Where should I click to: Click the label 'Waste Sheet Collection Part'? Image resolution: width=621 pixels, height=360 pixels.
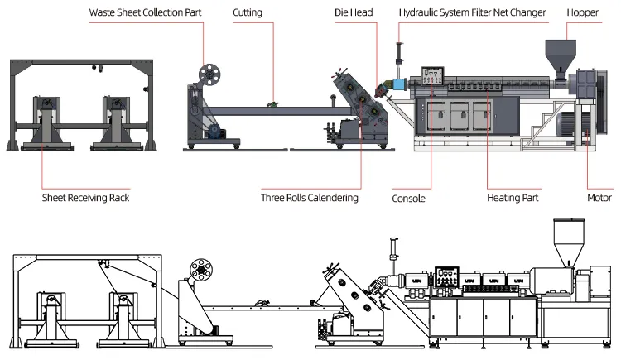(x=145, y=13)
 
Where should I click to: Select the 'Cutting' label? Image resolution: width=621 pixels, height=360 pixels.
(x=248, y=13)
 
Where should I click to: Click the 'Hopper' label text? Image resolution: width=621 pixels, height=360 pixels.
(x=583, y=13)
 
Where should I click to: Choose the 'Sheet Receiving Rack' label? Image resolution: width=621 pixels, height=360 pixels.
(x=86, y=198)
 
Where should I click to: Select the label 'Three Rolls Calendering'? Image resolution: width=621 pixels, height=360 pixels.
(x=310, y=198)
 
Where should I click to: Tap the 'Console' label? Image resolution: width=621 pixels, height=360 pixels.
(x=408, y=198)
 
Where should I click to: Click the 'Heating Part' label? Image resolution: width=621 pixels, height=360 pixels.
(x=515, y=198)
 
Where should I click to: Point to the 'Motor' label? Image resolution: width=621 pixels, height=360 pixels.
(x=599, y=198)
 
